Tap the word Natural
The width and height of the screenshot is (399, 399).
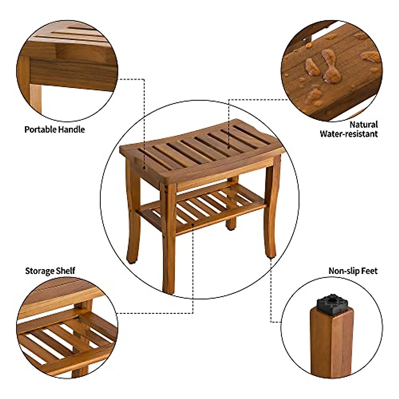point(364,125)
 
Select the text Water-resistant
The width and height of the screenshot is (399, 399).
point(349,134)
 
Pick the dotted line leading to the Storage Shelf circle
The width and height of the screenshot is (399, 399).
point(193,283)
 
